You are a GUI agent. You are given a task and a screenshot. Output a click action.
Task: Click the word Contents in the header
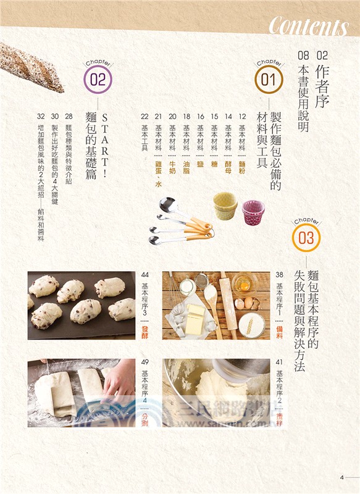click(308, 27)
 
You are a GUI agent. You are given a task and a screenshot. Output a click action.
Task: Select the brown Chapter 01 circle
click(267, 80)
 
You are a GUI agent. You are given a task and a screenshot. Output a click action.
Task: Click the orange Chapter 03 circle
click(306, 238)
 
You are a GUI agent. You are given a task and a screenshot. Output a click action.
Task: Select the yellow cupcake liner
click(225, 205)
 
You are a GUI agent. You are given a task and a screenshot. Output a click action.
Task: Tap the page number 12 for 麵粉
click(243, 116)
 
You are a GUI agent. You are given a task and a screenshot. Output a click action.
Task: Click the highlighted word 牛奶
click(172, 168)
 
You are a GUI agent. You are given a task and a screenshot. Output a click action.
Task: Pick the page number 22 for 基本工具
click(144, 116)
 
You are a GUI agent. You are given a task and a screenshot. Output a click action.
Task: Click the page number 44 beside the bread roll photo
click(145, 275)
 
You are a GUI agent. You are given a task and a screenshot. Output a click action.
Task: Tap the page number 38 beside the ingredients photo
click(279, 275)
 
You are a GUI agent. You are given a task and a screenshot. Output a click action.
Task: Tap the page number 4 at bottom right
click(341, 476)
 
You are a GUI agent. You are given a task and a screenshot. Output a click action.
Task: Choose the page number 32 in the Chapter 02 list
click(40, 116)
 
